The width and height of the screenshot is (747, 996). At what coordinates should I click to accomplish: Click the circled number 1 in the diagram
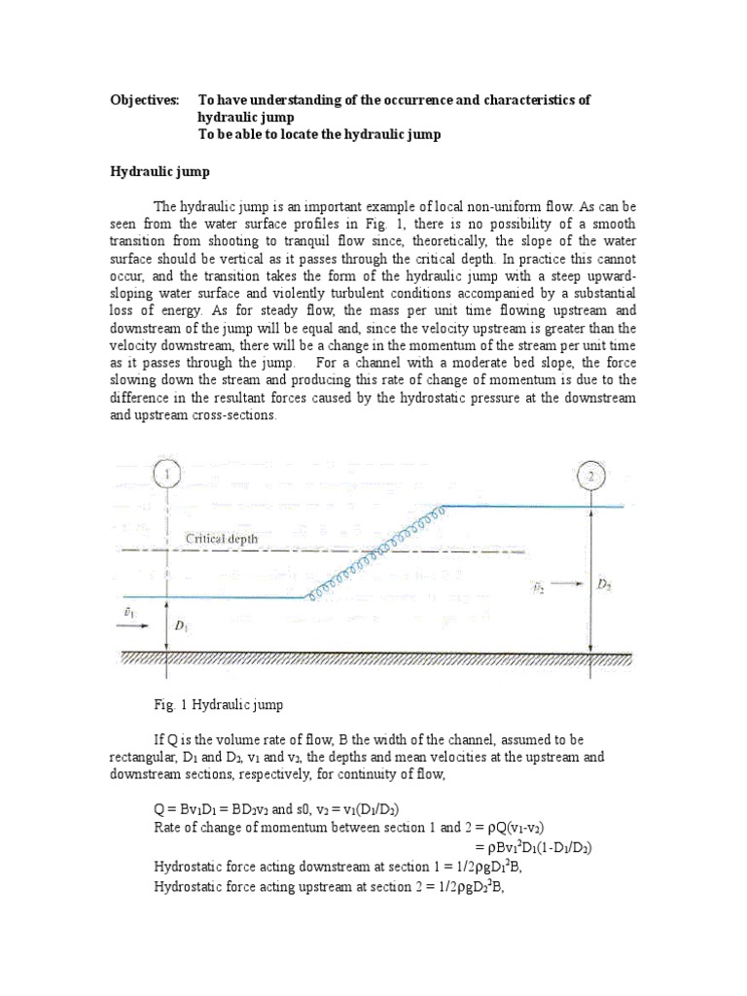(x=168, y=474)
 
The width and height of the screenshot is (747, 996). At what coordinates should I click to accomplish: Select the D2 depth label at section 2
(x=604, y=585)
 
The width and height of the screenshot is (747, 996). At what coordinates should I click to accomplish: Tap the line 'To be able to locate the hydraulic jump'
(x=319, y=135)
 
